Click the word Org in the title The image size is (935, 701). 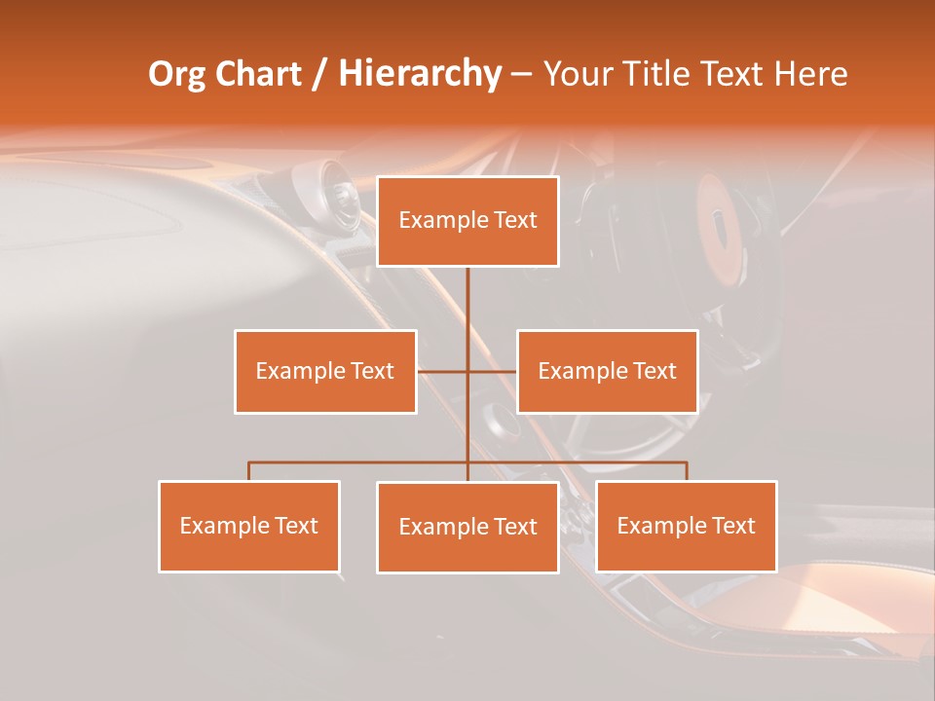(174, 74)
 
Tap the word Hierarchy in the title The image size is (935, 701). (419, 74)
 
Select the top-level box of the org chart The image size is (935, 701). (467, 221)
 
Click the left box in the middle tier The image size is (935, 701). (325, 371)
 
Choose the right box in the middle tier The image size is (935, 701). (607, 371)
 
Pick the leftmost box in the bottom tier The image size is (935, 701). (249, 526)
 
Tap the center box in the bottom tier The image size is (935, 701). (467, 527)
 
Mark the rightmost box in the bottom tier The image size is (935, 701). (687, 526)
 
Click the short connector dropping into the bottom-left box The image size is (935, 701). (249, 471)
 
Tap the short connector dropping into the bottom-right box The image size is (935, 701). (687, 471)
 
